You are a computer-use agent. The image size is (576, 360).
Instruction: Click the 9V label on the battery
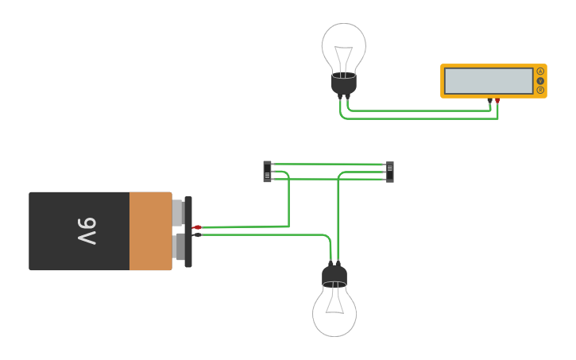[x=87, y=231]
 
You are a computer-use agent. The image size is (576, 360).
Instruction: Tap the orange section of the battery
[x=150, y=231]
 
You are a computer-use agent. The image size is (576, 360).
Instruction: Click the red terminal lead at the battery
[x=197, y=227]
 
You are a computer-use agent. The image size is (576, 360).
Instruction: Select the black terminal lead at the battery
[x=197, y=234]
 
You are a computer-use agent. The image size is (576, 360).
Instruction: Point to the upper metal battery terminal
[x=178, y=213]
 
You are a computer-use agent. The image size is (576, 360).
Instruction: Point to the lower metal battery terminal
[x=179, y=246]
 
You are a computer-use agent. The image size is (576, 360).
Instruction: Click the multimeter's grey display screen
[x=489, y=81]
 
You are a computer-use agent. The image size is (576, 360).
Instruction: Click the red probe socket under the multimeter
[x=497, y=101]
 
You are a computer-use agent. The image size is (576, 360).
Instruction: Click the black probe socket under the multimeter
[x=489, y=101]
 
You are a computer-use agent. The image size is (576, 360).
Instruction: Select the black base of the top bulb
[x=343, y=83]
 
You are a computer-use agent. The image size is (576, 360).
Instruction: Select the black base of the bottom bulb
[x=334, y=276]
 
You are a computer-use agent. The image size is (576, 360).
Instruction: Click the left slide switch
[x=267, y=172]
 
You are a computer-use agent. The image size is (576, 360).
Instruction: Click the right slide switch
[x=389, y=172]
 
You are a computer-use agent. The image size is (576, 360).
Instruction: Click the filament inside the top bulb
[x=343, y=59]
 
